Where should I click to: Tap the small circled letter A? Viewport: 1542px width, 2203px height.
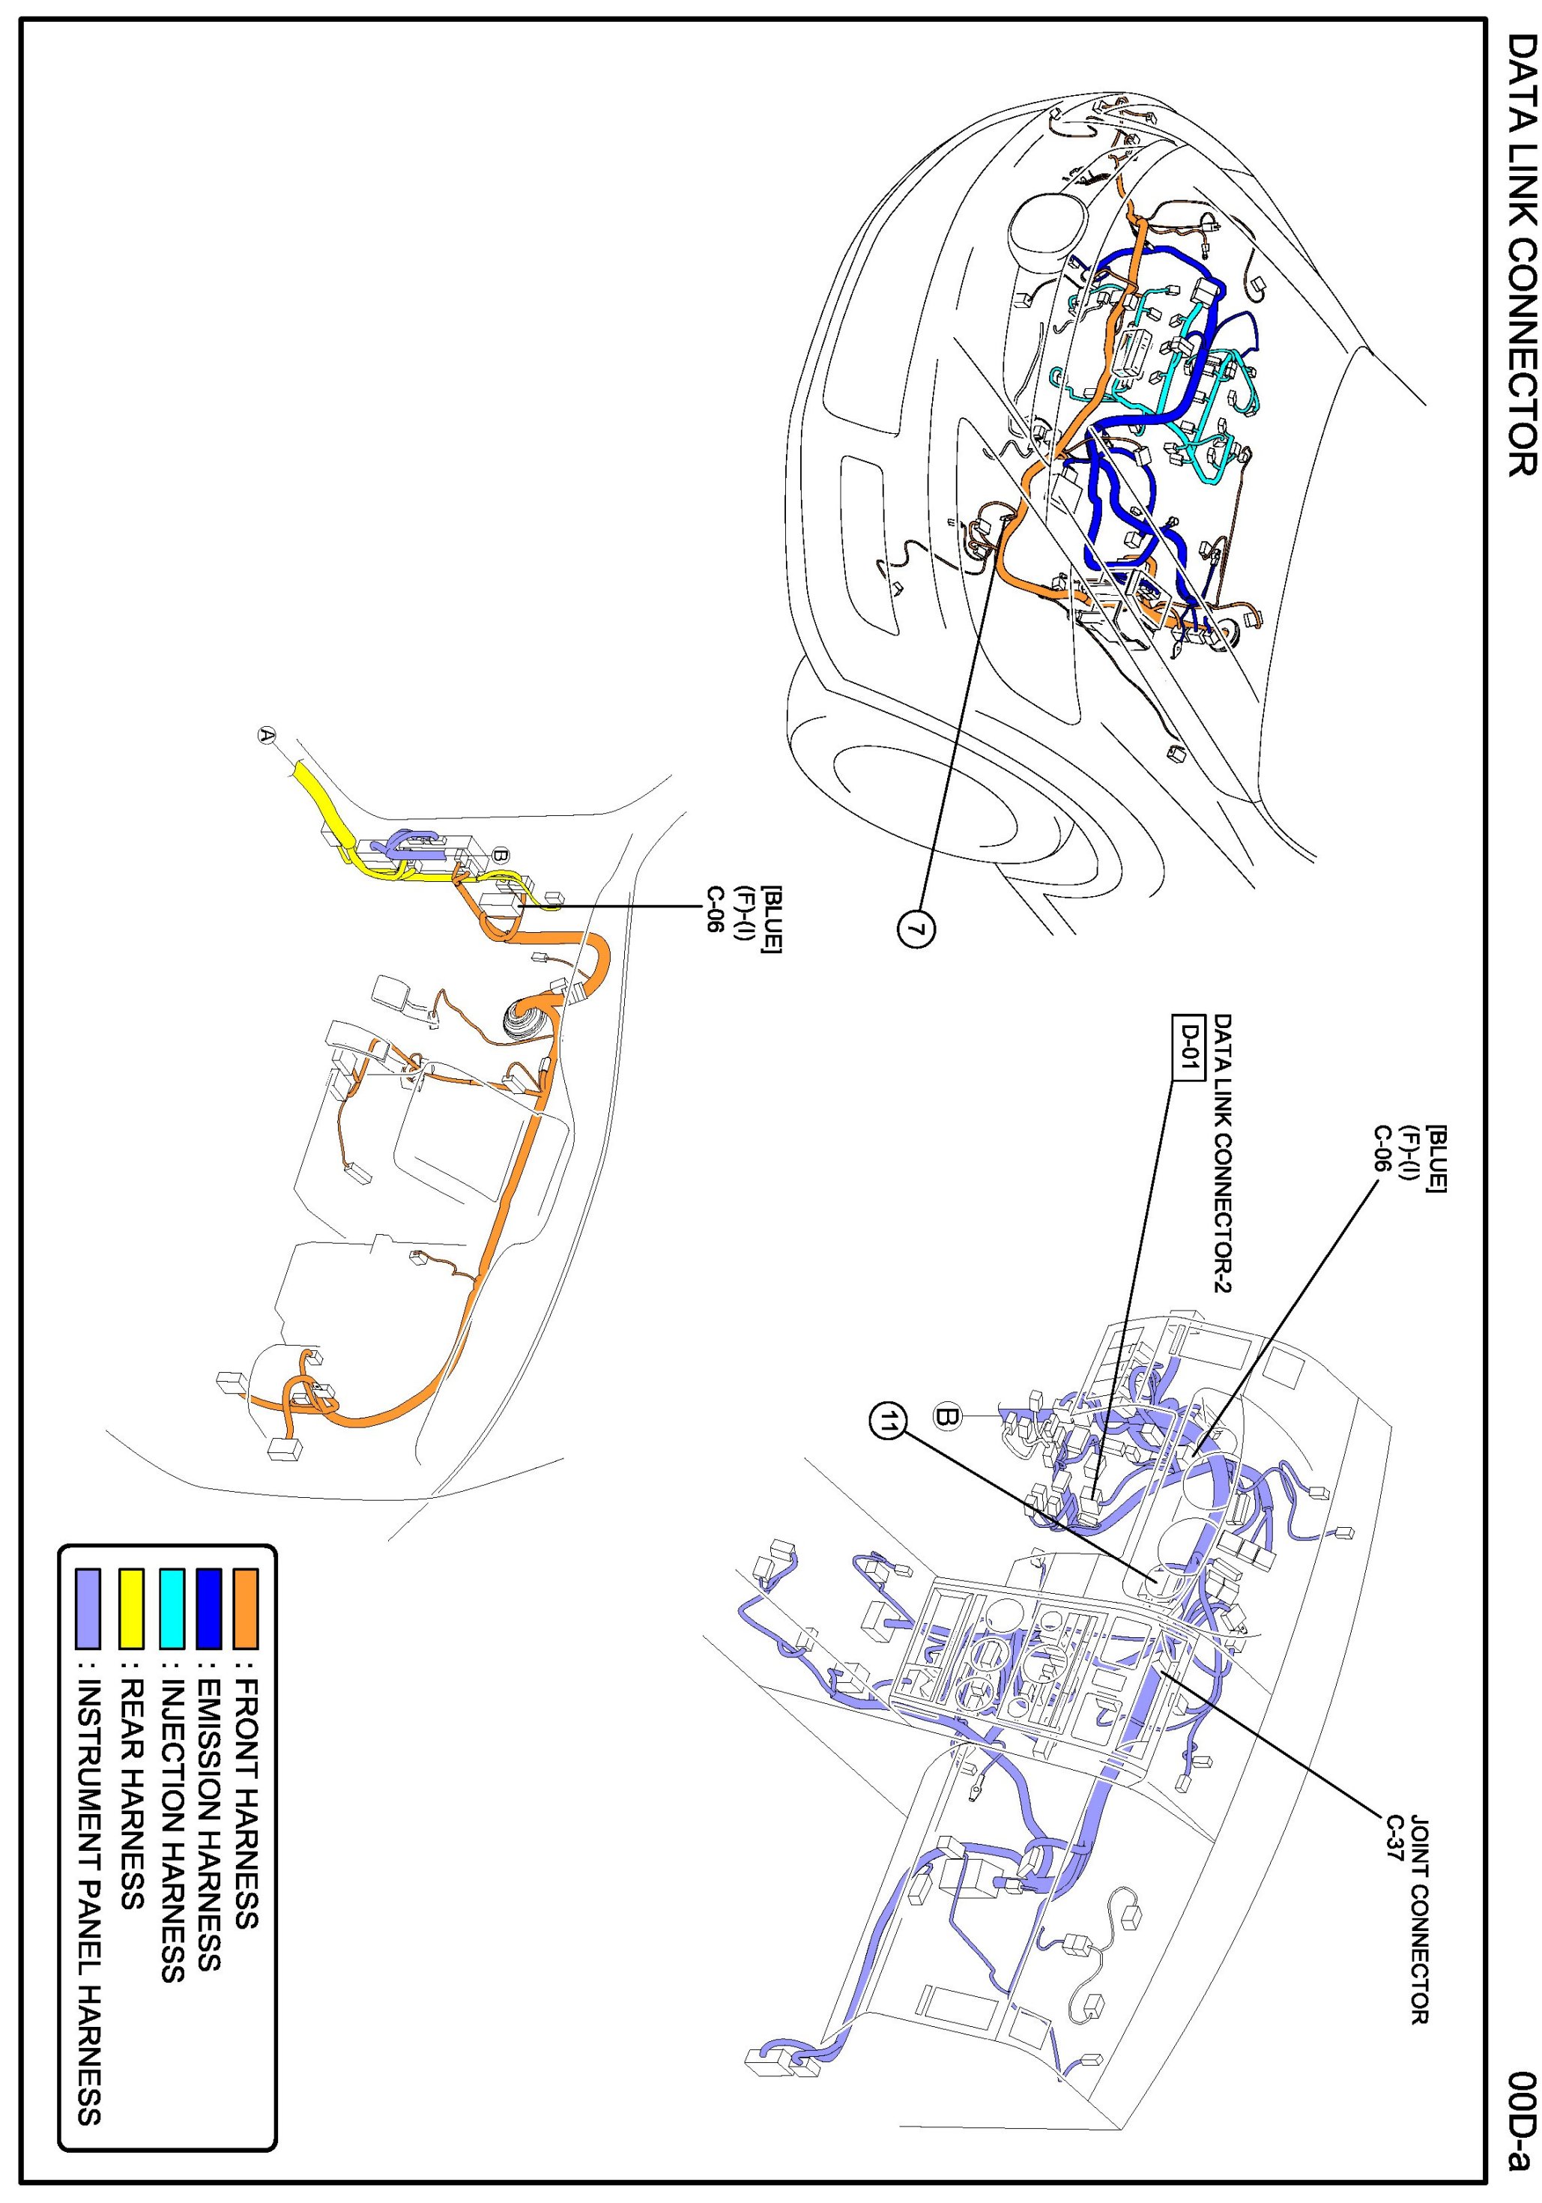pos(267,735)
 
